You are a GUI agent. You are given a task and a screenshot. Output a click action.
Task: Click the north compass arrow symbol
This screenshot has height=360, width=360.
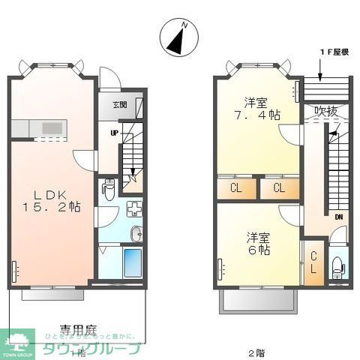coord(179,38)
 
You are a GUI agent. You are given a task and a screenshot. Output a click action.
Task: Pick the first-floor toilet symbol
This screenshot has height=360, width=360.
coord(109,187)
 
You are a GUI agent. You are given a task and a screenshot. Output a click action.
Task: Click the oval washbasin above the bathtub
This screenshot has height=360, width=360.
coord(136,235)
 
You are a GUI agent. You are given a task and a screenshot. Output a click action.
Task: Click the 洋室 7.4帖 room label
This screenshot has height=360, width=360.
coord(256,109)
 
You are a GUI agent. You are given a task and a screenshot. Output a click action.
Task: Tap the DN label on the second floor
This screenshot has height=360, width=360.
coord(339,218)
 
